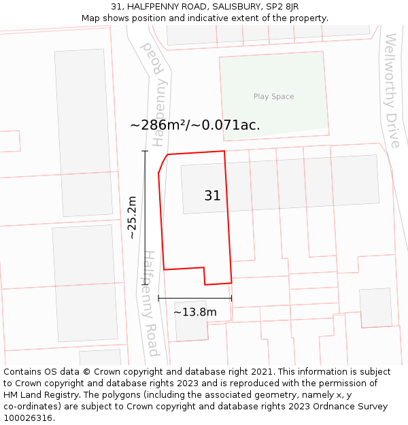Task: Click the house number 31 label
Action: tap(212, 196)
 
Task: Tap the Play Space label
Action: tap(273, 97)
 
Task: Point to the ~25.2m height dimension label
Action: tap(132, 218)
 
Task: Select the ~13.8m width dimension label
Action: tap(195, 312)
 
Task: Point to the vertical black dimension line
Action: tap(145, 218)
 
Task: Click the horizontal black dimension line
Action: tap(194, 298)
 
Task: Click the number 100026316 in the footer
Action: tap(30, 418)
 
